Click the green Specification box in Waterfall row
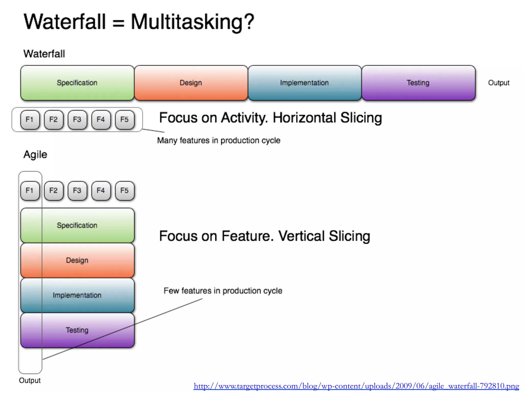(77, 83)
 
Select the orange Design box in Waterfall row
(191, 83)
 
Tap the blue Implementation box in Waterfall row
(304, 83)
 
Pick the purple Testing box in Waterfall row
(418, 83)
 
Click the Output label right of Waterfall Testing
(499, 83)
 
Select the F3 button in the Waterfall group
(77, 119)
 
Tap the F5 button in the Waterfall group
(125, 119)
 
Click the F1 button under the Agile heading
(30, 191)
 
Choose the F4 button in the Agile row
(101, 191)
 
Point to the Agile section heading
(35, 155)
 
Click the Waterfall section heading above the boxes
(44, 54)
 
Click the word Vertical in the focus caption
(301, 236)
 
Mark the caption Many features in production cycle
(219, 140)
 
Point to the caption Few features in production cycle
(223, 291)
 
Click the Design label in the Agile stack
(77, 260)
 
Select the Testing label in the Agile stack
(77, 330)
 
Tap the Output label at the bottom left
(30, 380)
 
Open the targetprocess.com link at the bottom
(356, 386)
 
